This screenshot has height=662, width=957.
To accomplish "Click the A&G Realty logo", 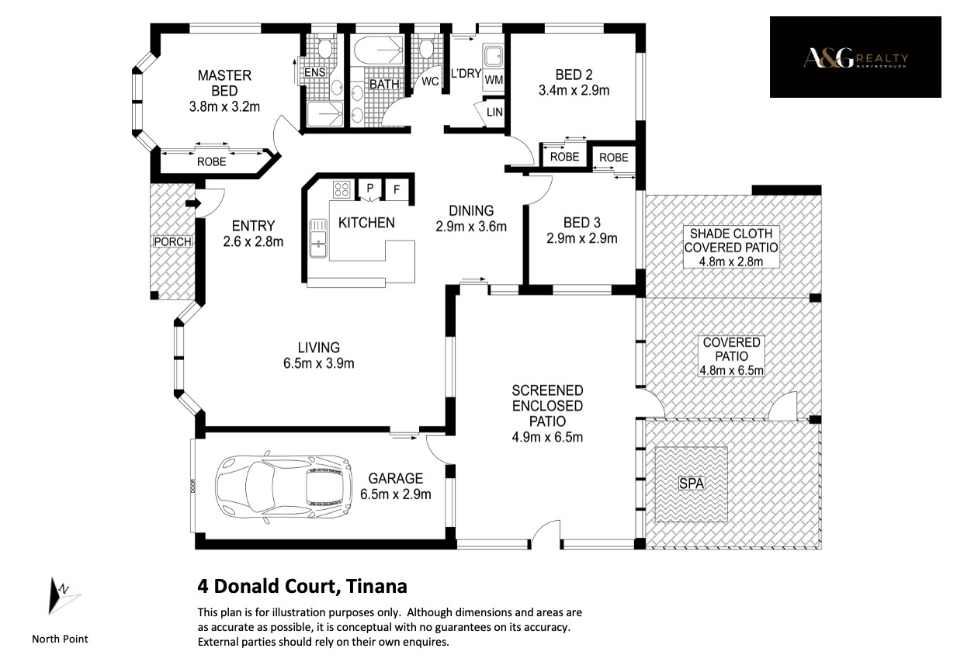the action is [x=855, y=57].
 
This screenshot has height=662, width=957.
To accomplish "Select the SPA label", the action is [x=692, y=484].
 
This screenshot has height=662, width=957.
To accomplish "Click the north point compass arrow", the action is [x=63, y=596].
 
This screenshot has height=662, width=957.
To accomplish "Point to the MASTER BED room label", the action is [x=224, y=83].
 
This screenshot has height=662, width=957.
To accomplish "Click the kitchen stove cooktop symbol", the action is [x=342, y=189].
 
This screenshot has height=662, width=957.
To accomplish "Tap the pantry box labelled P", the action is [x=370, y=189].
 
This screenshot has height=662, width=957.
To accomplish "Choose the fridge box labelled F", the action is [x=397, y=189].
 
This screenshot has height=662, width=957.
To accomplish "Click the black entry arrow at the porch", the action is [x=193, y=203].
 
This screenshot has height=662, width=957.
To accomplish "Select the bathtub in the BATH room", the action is [x=378, y=50].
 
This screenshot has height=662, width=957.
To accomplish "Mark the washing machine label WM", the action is [x=494, y=80].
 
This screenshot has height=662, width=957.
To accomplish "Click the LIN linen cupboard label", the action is [x=494, y=112].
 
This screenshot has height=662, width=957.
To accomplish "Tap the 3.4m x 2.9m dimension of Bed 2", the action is [x=574, y=91].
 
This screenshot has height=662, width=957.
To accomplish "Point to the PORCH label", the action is [x=172, y=241].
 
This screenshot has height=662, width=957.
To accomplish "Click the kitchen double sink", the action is [x=318, y=238].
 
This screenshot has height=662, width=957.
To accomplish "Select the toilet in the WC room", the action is [x=426, y=48].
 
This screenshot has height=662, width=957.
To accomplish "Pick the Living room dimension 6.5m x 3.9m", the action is [x=319, y=363].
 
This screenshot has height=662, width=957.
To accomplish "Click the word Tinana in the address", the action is [x=376, y=587].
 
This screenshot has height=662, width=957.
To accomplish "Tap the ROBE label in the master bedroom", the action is [x=211, y=162].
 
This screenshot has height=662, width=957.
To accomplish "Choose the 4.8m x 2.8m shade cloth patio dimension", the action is [x=731, y=262].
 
